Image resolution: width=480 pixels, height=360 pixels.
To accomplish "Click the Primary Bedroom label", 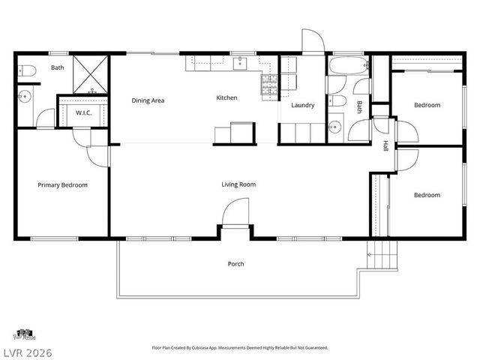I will point(63,184).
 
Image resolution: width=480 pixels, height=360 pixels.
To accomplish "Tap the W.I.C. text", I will point(82,113).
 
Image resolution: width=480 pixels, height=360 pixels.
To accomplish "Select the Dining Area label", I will point(148,100).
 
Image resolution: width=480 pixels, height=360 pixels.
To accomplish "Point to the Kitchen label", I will point(226,97).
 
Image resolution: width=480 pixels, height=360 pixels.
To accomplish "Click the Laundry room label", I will point(302,105).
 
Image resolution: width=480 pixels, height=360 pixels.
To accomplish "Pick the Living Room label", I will point(238,184).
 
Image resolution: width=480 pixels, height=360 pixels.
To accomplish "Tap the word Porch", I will point(236,264).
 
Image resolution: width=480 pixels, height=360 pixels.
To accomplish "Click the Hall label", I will point(385,146).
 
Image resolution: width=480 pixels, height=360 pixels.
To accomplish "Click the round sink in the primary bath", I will point(25,96).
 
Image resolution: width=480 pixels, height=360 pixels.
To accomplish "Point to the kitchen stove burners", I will point(268,84).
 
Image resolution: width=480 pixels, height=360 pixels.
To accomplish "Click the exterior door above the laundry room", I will point(313,41).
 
